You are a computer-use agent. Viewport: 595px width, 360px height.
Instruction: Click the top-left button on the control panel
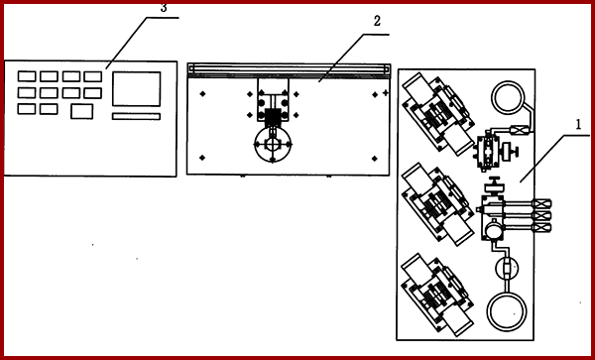27,75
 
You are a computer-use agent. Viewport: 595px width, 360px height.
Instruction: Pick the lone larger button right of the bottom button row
82,111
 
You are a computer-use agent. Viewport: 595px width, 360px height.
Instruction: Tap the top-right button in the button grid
92,75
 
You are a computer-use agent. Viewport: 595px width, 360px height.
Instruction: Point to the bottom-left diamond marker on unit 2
201,157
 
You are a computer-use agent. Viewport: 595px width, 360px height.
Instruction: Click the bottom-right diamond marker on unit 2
375,157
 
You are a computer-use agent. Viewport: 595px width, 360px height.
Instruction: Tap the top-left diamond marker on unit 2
201,93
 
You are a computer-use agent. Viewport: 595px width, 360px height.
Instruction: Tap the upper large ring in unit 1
512,98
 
